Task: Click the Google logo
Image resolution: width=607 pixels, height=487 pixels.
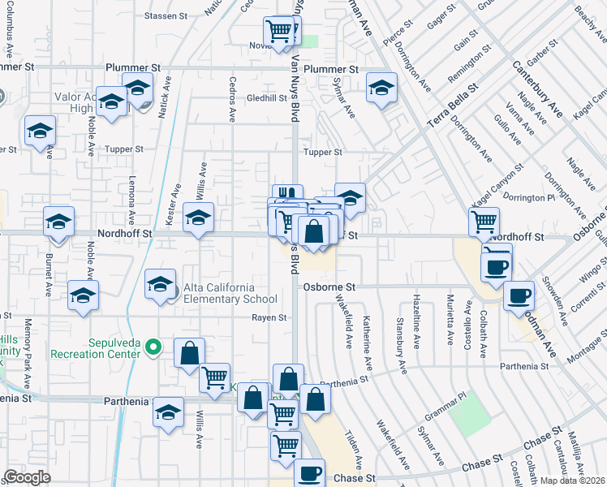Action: (27, 477)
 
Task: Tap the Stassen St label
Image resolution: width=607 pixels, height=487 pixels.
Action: (166, 15)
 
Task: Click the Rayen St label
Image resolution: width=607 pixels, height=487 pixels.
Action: (269, 318)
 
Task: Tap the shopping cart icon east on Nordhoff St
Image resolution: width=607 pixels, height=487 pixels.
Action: (484, 220)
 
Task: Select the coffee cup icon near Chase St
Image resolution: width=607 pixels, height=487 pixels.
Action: (308, 472)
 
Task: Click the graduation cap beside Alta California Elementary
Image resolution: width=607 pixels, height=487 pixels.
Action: (161, 283)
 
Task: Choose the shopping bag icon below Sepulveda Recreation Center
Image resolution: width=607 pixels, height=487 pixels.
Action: (189, 353)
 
